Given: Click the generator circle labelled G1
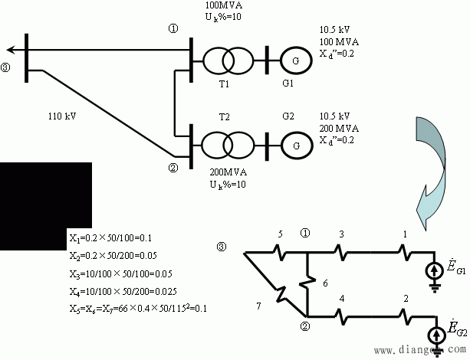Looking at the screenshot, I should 293,58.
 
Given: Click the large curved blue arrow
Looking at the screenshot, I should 433,165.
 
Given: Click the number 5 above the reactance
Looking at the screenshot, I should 280,234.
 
